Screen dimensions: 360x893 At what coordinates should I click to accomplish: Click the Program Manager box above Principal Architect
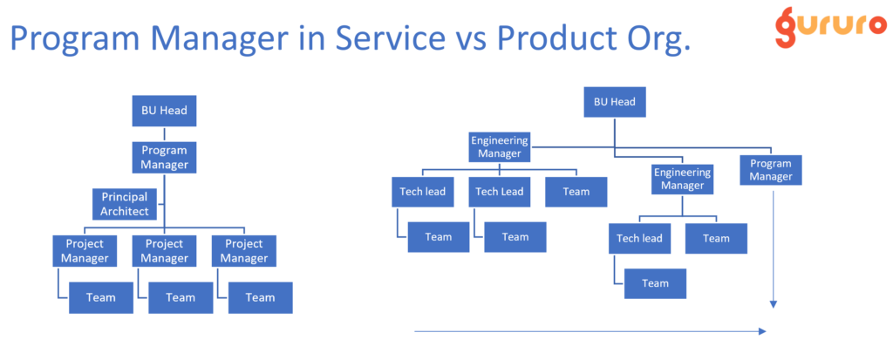click(164, 157)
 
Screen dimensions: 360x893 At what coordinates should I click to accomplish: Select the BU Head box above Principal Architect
click(164, 111)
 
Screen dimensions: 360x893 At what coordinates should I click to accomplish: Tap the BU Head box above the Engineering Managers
click(614, 102)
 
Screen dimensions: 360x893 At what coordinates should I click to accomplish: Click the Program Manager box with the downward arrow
click(770, 170)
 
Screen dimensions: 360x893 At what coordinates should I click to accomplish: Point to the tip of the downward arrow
click(772, 306)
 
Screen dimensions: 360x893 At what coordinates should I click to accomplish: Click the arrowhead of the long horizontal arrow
click(762, 331)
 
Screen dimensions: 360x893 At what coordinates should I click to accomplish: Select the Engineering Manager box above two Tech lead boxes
click(499, 146)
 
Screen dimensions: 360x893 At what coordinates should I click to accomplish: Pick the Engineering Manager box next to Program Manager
click(682, 179)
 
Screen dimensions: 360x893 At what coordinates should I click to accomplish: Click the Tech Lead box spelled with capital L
click(499, 192)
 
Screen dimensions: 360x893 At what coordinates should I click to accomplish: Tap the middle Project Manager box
click(164, 251)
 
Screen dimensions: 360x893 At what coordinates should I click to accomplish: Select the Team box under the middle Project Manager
click(181, 297)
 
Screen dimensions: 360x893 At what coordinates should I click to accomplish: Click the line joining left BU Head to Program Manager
click(164, 134)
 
